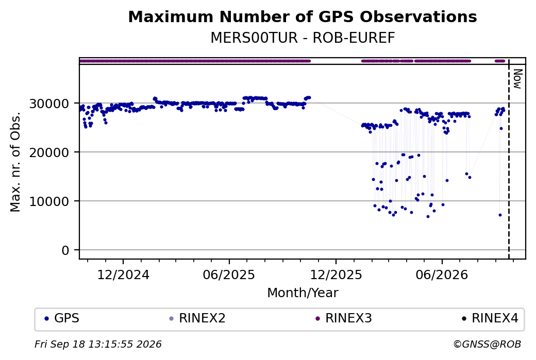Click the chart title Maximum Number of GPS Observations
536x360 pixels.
tap(303, 16)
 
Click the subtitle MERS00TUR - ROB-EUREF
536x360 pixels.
tap(303, 38)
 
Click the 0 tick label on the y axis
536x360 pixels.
tap(65, 250)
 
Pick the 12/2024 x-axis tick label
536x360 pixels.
tap(123, 275)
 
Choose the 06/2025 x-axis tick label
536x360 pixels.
tap(229, 275)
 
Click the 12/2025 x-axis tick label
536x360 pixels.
tap(336, 275)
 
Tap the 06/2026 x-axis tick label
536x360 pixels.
tap(442, 275)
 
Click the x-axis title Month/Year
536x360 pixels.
tap(303, 293)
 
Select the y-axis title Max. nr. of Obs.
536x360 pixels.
tap(15, 162)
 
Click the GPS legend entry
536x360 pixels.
tap(62, 318)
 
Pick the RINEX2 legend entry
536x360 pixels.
tap(197, 318)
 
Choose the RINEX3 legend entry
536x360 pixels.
tap(344, 318)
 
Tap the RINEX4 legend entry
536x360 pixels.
tap(490, 318)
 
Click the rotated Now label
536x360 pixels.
tap(517, 79)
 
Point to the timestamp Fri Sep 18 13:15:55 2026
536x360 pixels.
tap(98, 344)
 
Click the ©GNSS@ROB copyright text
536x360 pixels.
tap(487, 344)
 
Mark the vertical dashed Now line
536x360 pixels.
tap(509, 159)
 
